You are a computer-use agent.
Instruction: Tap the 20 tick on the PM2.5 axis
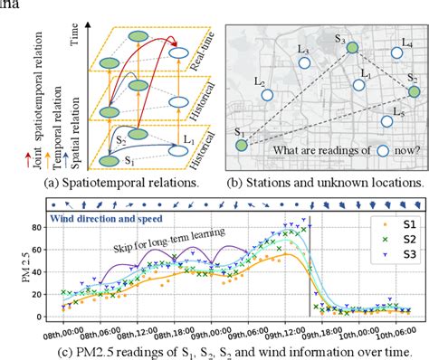coord(45,292)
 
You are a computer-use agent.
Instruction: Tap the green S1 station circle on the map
coord(241,144)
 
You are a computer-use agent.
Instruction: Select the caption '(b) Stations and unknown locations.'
coord(324,182)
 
